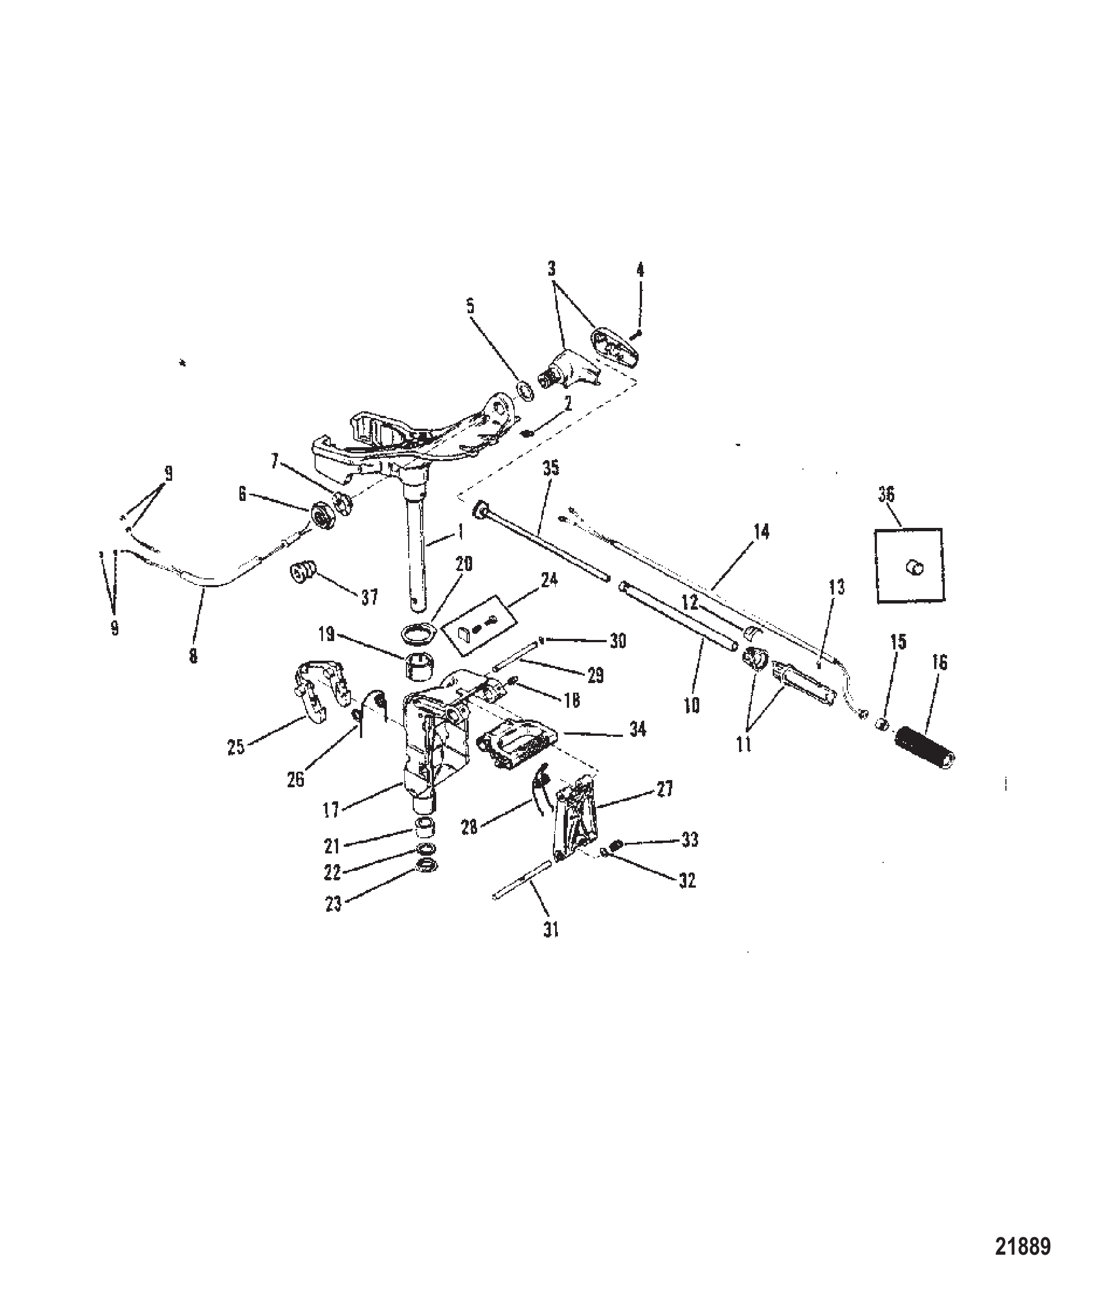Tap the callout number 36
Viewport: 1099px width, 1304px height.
886,495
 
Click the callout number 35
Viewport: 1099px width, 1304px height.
551,468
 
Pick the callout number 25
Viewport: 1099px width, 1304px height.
236,746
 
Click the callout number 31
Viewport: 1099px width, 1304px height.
551,947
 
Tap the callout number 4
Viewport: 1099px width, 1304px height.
640,270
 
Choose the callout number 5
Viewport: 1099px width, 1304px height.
470,306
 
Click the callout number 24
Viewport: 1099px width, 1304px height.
549,581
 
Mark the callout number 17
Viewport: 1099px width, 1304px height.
331,810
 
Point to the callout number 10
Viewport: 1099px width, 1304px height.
692,706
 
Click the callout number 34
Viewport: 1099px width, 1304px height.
638,728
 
